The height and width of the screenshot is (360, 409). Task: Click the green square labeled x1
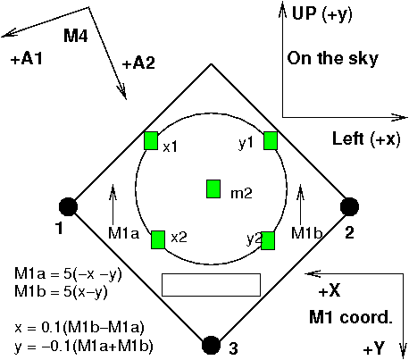tap(151, 141)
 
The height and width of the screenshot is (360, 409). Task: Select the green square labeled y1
tap(271, 141)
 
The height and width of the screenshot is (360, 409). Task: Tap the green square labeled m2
tap(213, 189)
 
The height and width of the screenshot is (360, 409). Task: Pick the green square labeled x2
tap(158, 239)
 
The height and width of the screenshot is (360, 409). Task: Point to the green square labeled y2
tap(268, 240)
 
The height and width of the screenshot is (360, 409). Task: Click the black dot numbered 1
tap(68, 206)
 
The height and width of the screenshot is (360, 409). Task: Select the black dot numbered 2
tap(349, 206)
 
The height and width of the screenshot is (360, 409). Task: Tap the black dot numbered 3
tap(211, 346)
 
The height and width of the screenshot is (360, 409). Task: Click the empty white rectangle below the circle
tap(211, 285)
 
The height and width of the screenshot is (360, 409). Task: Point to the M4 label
tap(76, 36)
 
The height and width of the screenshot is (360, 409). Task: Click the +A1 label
tap(27, 59)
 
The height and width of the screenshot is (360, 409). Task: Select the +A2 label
tap(138, 63)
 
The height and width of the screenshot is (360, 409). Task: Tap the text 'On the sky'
tap(332, 58)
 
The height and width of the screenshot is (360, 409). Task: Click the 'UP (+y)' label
tap(321, 13)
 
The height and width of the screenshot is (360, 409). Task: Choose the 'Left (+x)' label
tap(366, 138)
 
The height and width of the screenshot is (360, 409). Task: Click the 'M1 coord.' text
tap(351, 317)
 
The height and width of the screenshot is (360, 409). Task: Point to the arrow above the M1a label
tap(113, 205)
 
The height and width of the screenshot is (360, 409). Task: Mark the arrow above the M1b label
tap(300, 205)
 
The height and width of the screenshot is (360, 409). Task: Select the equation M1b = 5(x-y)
tap(61, 292)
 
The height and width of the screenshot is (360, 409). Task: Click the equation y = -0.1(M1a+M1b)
tap(83, 346)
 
